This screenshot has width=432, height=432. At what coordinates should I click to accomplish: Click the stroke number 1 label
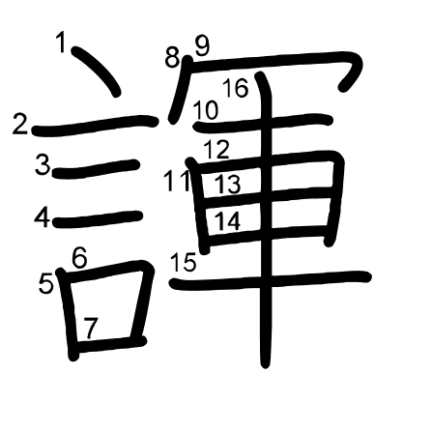coord(61,43)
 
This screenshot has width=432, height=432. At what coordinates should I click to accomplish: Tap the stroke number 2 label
coord(19,125)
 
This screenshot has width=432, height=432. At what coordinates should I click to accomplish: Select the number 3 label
coord(43,164)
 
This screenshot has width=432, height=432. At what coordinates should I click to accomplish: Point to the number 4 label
coord(43,217)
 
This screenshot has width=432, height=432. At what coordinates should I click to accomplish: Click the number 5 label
coord(45,284)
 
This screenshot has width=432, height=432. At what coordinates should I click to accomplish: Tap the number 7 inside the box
coord(91,329)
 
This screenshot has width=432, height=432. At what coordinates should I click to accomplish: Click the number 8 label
coord(172,58)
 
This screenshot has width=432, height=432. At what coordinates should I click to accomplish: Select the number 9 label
coord(202,46)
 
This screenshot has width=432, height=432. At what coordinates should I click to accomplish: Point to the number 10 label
coord(206,110)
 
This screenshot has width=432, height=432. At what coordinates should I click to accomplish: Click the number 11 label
coord(177,181)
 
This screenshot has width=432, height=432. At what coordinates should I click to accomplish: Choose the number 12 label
coord(216,150)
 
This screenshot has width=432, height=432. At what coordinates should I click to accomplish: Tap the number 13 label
coord(228,184)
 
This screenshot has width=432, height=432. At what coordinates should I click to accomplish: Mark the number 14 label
coord(227,220)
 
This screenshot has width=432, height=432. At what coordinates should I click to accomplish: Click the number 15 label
coord(184,262)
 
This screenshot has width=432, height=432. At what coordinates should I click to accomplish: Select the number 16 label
coord(236,88)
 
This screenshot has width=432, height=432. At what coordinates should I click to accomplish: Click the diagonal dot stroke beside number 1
coord(96,71)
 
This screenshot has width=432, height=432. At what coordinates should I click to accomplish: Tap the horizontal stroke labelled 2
coord(95,126)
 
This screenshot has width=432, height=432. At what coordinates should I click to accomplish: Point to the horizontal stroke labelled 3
coord(96,168)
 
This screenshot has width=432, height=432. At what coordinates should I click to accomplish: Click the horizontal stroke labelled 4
coord(98,219)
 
